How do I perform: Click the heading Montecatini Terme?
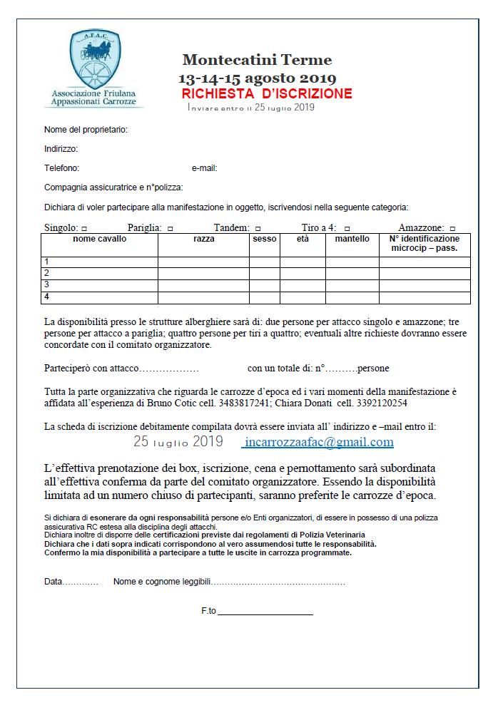(x=257, y=60)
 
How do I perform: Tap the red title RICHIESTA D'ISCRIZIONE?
(x=267, y=93)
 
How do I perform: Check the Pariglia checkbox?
(x=170, y=228)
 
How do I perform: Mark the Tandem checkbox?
(x=258, y=228)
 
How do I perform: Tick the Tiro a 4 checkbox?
(x=347, y=228)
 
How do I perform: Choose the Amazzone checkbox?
(x=452, y=228)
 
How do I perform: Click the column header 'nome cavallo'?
(x=99, y=240)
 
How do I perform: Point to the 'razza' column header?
(x=203, y=240)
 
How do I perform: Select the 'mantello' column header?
(x=352, y=240)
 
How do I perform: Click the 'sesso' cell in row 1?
(x=264, y=262)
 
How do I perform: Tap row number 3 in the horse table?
(x=47, y=284)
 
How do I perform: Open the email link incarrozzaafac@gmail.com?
(x=318, y=442)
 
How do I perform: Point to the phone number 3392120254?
(x=382, y=403)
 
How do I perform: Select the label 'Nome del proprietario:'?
(x=86, y=130)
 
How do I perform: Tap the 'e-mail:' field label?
(x=204, y=169)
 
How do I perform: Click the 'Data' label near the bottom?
(x=54, y=582)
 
